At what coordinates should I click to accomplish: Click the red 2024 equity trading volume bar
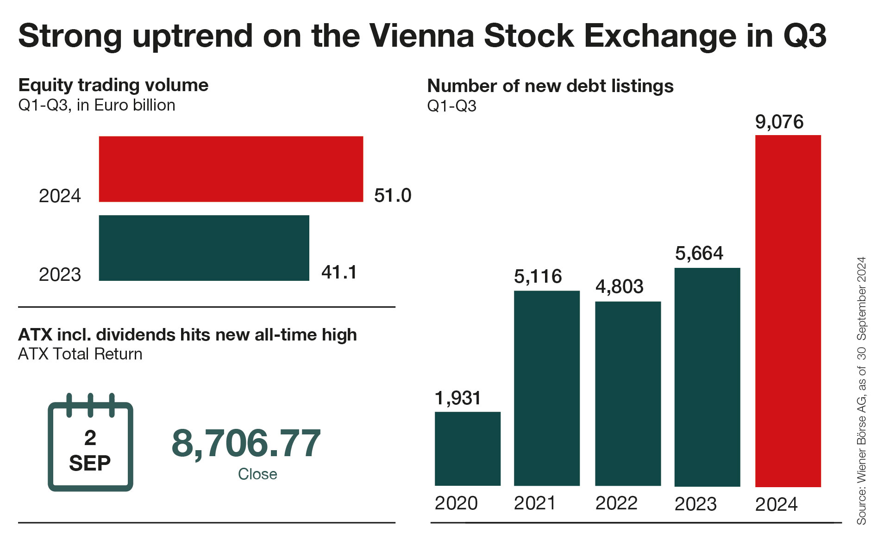(x=231, y=169)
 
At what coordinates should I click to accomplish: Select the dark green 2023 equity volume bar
(x=204, y=248)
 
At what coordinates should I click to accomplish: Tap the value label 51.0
(x=392, y=196)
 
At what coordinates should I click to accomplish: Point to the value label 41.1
(x=339, y=272)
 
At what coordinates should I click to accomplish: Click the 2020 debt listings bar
(x=467, y=448)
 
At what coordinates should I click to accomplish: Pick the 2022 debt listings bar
(x=627, y=393)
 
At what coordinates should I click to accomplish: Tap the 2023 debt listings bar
(x=707, y=377)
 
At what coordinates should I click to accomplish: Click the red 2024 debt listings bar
(x=788, y=310)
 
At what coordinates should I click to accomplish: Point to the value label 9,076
(x=779, y=122)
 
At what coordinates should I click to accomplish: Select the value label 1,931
(x=457, y=398)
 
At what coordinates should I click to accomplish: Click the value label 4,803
(x=619, y=287)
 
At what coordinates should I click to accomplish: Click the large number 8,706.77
(x=246, y=443)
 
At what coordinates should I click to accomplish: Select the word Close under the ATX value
(x=257, y=474)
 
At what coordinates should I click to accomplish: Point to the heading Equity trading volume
(x=113, y=85)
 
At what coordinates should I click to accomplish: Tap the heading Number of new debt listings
(x=550, y=86)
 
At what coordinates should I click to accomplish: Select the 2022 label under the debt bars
(x=616, y=503)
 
